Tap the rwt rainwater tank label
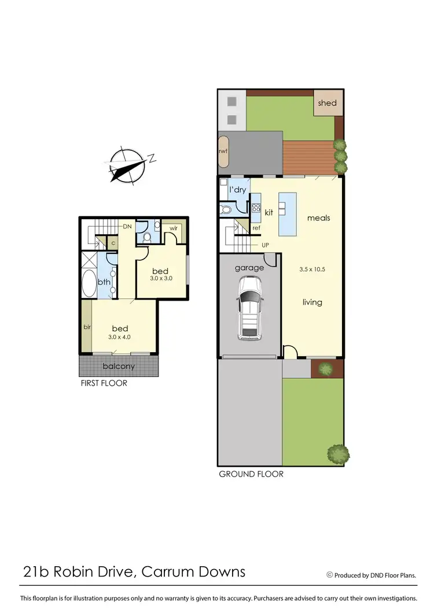point(223,152)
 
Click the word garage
point(249,268)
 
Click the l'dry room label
point(238,190)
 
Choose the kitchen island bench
point(288,214)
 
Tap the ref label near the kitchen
point(256,228)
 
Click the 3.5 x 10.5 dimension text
point(312,269)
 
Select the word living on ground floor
point(312,302)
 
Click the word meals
point(318,218)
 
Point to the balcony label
point(119,366)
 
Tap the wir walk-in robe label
point(173,228)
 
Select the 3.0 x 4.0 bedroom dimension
point(120,337)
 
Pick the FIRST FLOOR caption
point(104,383)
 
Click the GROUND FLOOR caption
point(251,474)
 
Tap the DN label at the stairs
point(128,226)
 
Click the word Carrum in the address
point(162,572)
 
